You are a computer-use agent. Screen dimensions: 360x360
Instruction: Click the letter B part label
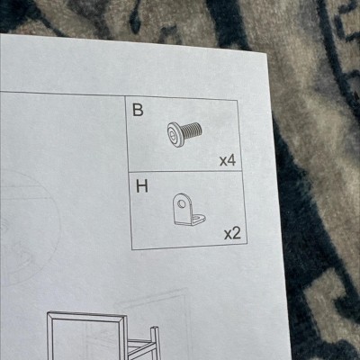pyautogui.click(x=138, y=110)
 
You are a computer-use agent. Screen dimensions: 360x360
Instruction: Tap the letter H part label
pyautogui.click(x=142, y=186)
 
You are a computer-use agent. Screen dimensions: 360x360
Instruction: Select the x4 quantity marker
pyautogui.click(x=228, y=161)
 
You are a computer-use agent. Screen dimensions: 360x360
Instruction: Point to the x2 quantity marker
pyautogui.click(x=232, y=233)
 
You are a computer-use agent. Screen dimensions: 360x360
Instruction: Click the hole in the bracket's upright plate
pyautogui.click(x=181, y=204)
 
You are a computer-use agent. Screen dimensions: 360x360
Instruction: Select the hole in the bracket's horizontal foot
pyautogui.click(x=198, y=216)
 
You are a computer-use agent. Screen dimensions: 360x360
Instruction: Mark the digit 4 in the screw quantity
pyautogui.click(x=231, y=161)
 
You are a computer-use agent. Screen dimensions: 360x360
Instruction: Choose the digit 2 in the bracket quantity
pyautogui.click(x=237, y=232)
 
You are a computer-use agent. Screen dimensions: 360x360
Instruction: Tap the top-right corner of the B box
pyautogui.click(x=238, y=101)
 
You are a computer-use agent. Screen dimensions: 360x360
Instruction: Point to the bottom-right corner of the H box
pyautogui.click(x=247, y=244)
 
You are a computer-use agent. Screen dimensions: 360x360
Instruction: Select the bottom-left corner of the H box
pyautogui.click(x=132, y=249)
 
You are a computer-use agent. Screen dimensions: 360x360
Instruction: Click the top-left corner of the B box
pyautogui.click(x=125, y=96)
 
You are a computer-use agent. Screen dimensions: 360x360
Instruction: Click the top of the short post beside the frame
pyautogui.click(x=154, y=328)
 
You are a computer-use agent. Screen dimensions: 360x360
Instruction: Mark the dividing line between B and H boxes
pyautogui.click(x=185, y=172)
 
